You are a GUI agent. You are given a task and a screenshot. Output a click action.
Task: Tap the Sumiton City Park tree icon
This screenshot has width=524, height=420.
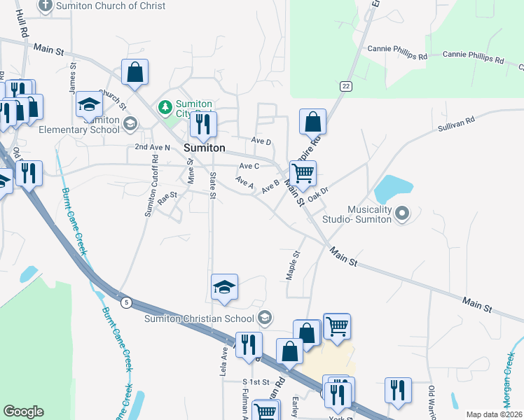[165, 107]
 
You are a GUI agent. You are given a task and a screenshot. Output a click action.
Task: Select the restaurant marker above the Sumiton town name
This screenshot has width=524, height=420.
[203, 125]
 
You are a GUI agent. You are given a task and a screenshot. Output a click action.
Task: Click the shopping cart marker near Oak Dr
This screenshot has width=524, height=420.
[303, 172]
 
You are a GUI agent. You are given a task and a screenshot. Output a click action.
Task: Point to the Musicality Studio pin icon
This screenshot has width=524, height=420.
[401, 213]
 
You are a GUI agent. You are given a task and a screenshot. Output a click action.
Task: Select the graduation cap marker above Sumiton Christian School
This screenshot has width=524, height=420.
[224, 287]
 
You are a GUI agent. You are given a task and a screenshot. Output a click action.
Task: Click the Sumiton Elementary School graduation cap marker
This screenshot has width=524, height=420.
[89, 104]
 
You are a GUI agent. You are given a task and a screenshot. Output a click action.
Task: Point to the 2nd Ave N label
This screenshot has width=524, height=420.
[152, 148]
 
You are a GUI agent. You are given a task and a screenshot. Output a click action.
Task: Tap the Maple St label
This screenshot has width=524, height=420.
[293, 266]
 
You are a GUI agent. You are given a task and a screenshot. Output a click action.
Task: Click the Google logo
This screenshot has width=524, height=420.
[23, 412]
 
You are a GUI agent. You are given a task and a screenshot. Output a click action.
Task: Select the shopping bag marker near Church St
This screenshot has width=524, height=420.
[135, 71]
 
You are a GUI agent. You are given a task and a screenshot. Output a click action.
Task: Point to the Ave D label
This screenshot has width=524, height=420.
[261, 141]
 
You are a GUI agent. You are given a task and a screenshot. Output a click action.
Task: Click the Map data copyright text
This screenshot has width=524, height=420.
[494, 414]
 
